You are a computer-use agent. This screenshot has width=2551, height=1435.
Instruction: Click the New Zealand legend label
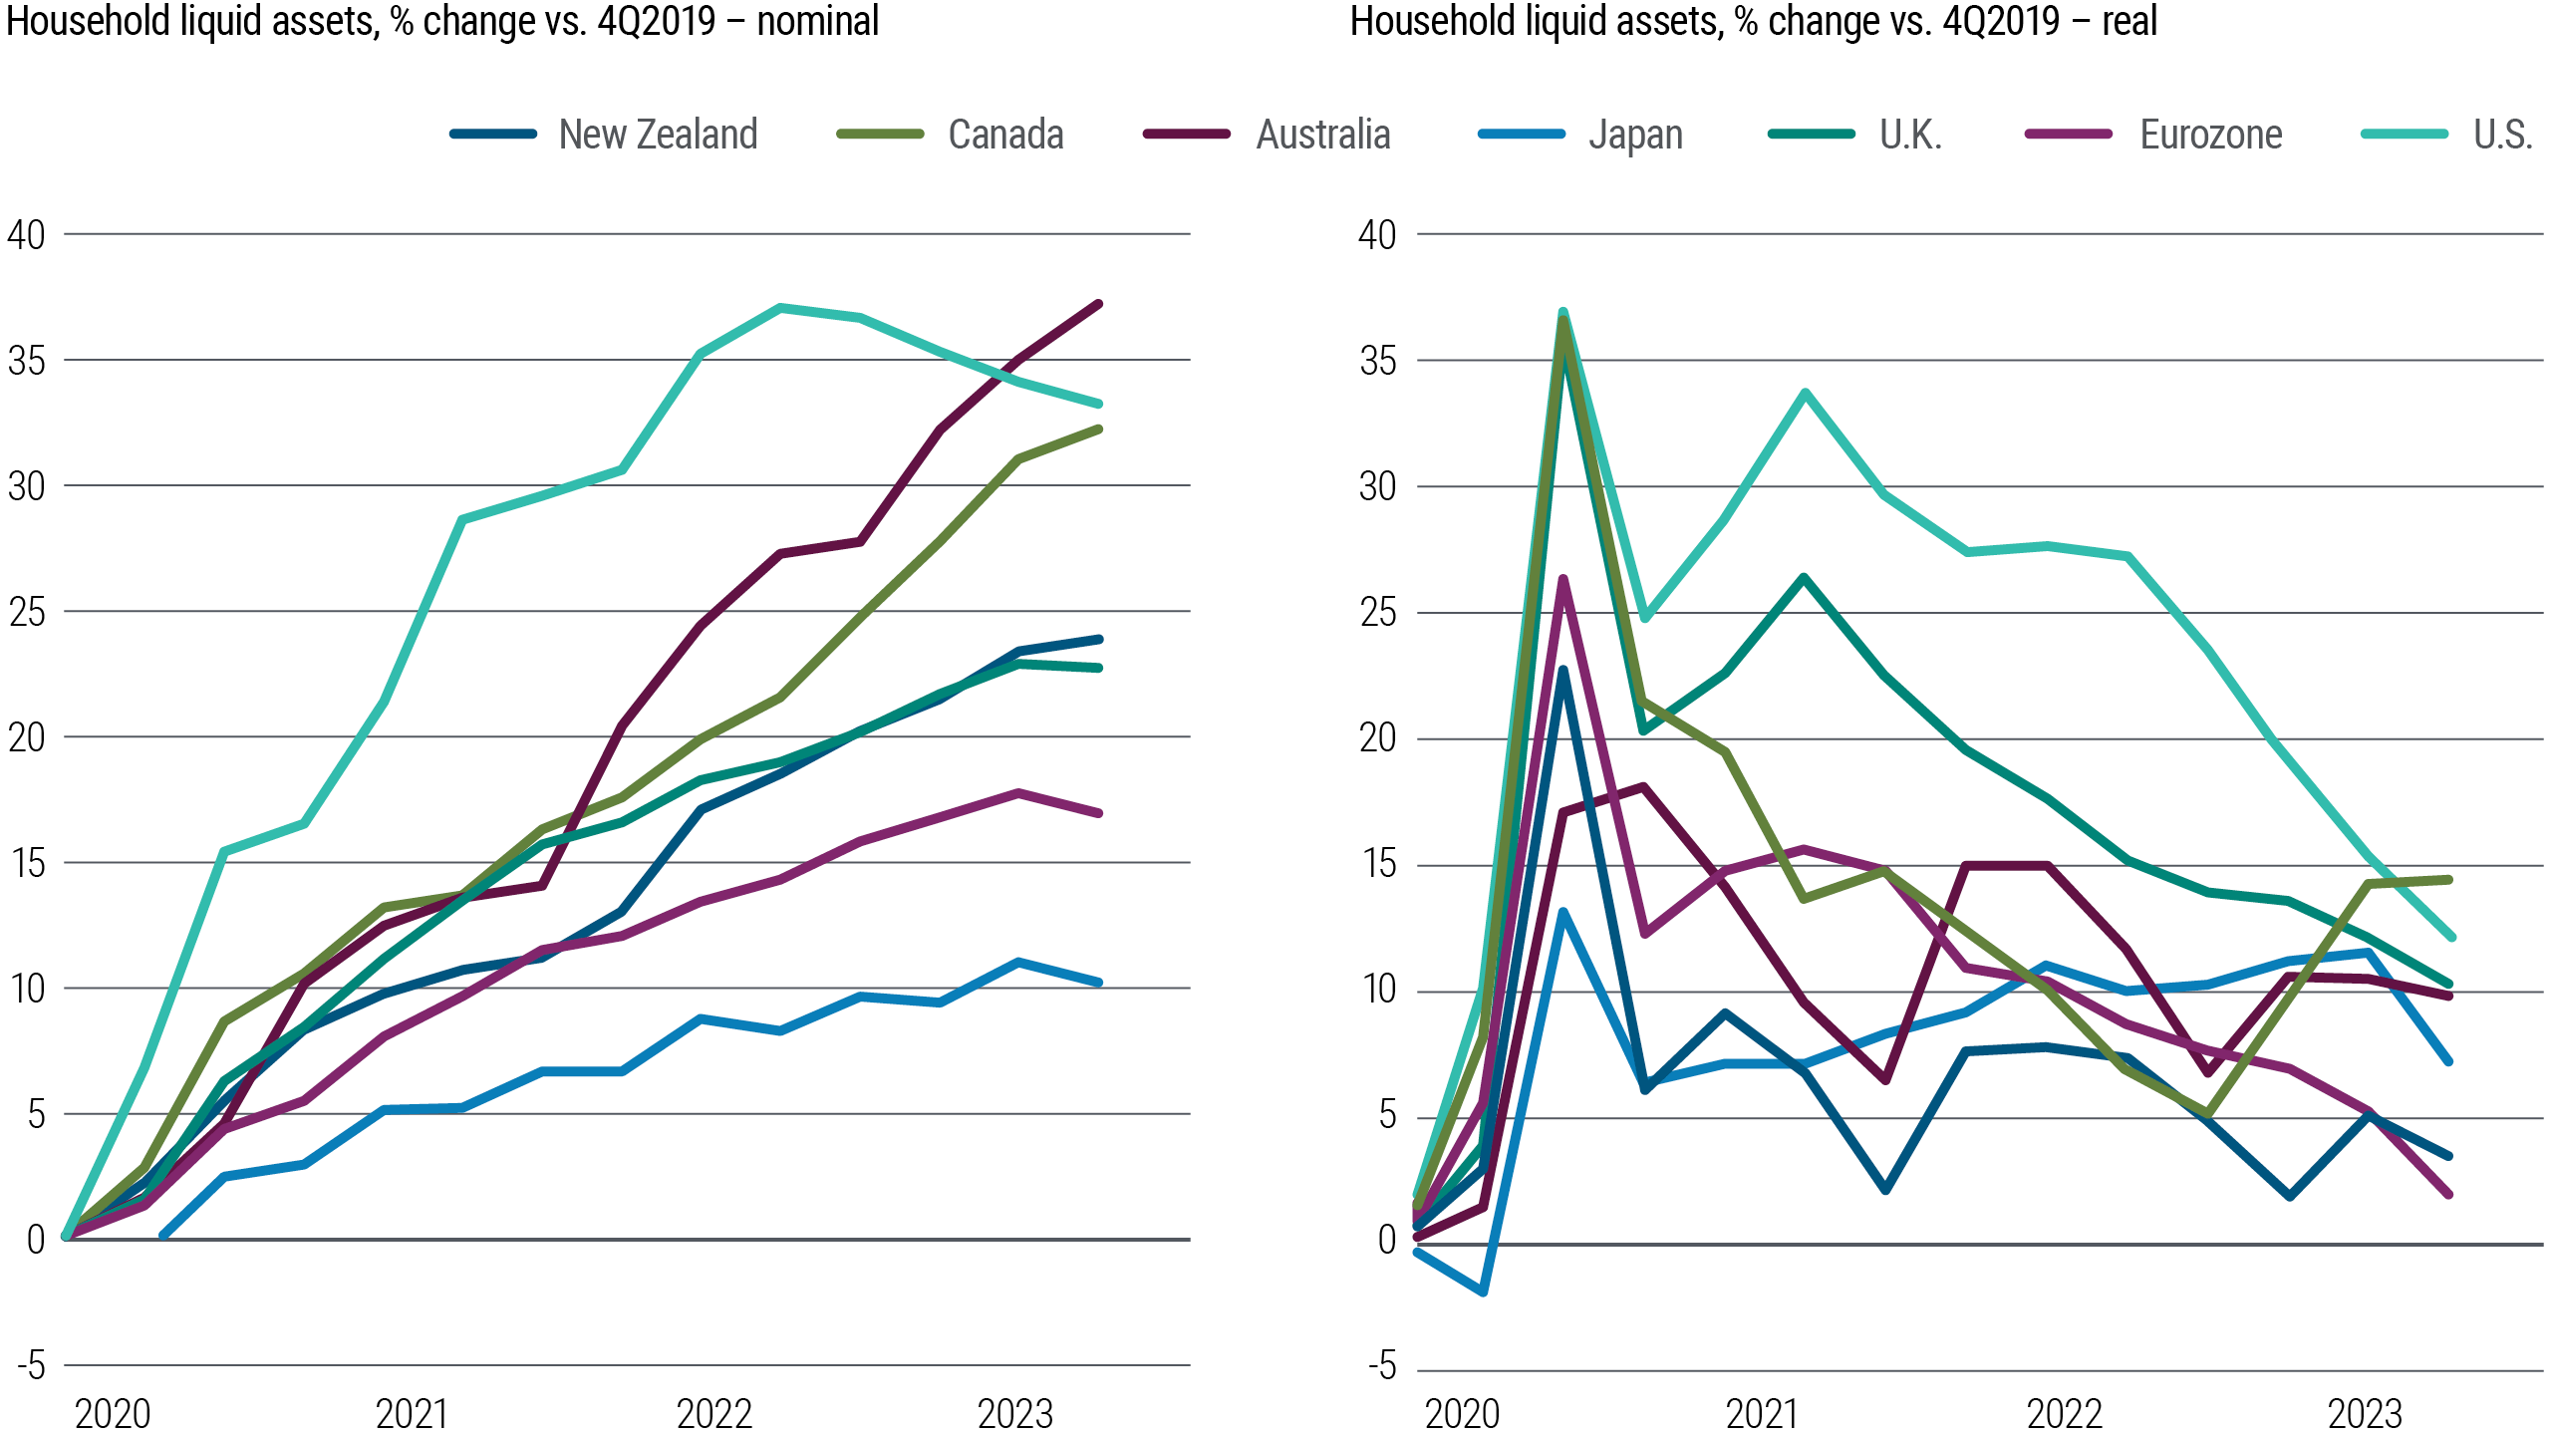click(x=658, y=135)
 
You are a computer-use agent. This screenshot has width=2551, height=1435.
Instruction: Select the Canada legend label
click(x=1005, y=135)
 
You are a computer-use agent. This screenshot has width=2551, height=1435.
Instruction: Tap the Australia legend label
click(x=1322, y=135)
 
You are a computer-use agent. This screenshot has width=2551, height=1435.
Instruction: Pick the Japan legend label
click(x=1635, y=135)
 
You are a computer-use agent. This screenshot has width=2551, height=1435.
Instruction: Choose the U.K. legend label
click(x=1910, y=135)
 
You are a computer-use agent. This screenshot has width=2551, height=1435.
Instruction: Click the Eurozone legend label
click(x=2210, y=135)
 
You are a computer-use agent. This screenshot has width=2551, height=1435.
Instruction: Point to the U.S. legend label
click(x=2502, y=135)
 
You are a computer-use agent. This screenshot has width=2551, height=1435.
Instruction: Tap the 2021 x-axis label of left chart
click(x=412, y=1413)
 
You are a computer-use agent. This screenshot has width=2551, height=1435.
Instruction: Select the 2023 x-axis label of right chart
click(x=2365, y=1413)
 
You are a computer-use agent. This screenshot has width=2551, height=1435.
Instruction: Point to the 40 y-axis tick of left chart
click(x=27, y=235)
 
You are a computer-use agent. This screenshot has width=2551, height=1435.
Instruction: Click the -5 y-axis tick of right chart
click(x=1381, y=1366)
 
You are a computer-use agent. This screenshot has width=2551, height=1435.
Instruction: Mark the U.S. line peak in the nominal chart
click(x=780, y=307)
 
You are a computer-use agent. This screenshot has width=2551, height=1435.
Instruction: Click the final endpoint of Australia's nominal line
click(x=1098, y=304)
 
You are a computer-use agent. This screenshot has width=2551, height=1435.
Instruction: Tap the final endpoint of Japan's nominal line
click(x=1098, y=982)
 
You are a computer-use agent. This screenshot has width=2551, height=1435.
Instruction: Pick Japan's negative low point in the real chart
click(x=1484, y=1291)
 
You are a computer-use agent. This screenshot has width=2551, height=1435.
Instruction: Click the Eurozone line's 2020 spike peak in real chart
click(x=1563, y=579)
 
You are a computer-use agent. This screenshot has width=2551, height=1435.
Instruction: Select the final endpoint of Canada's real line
click(x=2448, y=879)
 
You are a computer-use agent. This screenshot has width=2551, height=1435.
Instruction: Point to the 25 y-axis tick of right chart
click(x=1378, y=613)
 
